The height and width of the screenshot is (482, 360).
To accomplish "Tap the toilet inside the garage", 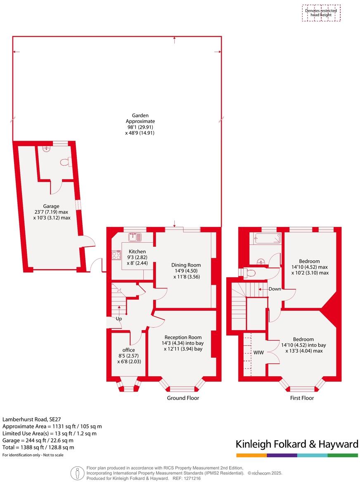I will tap(64, 163).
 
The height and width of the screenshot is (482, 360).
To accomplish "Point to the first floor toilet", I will tap(249, 272).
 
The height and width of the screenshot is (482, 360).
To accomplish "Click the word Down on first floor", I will tap(275, 289).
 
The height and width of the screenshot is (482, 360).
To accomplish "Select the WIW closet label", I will tap(258, 352).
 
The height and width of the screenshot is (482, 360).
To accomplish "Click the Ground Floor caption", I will tap(183, 398).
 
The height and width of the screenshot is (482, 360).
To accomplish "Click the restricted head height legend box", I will tap(321, 13).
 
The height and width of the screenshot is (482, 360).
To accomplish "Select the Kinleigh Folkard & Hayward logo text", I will tap(296, 444).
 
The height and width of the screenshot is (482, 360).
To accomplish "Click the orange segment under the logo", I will tap(251, 455).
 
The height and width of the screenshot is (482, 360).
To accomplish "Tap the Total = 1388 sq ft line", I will tap(38, 447).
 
